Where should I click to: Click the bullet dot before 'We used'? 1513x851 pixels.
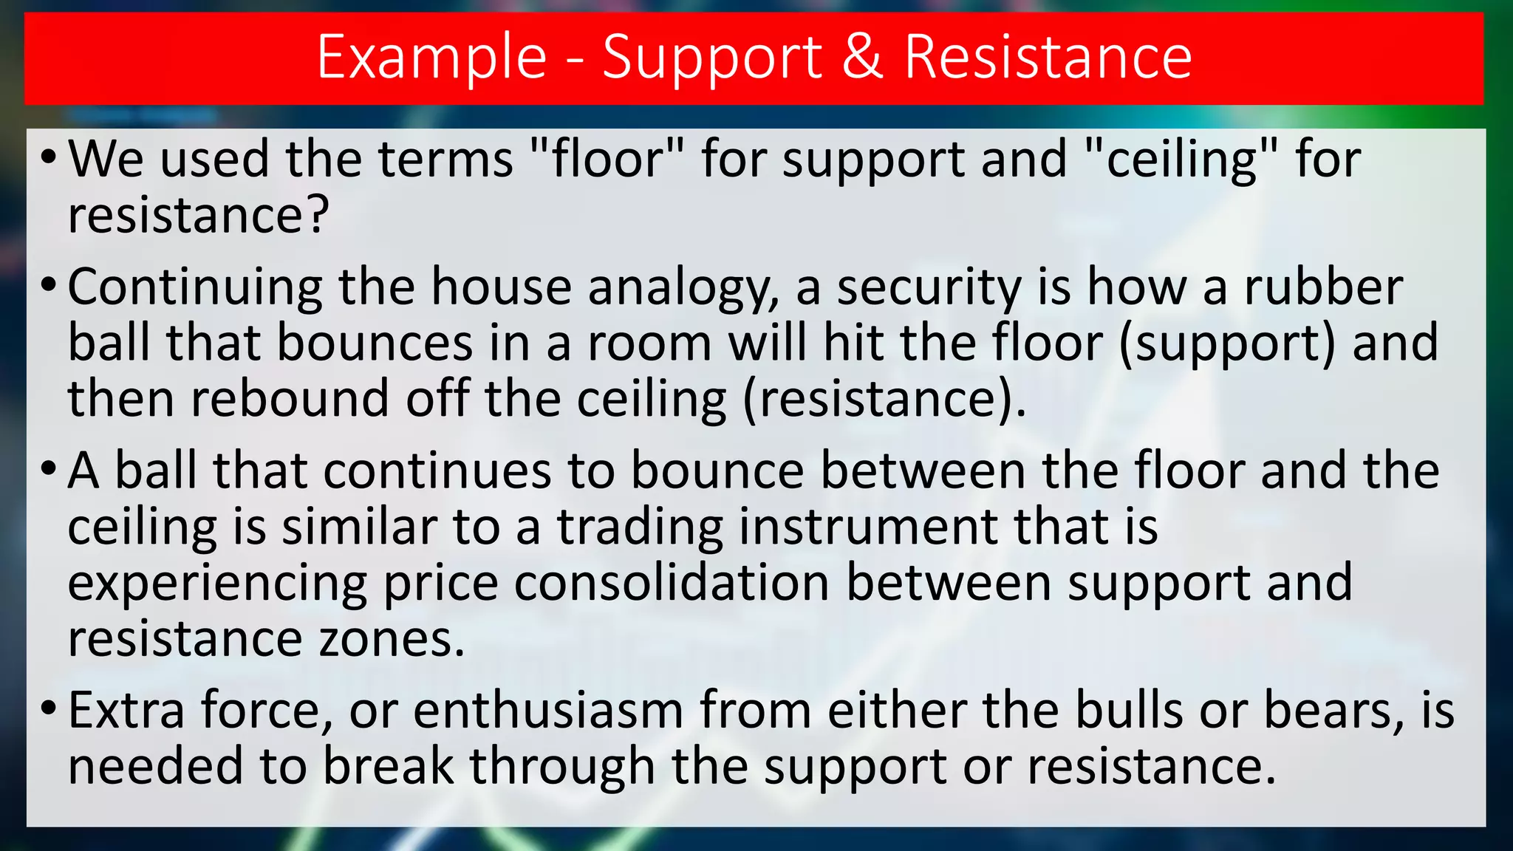point(48,157)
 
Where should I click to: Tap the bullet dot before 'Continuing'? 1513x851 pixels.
point(48,285)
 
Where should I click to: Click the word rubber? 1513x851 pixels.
point(1323,287)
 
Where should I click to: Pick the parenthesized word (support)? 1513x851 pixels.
point(1227,344)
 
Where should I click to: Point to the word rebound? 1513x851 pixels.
point(290,399)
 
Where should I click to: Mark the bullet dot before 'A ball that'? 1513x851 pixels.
point(48,469)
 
